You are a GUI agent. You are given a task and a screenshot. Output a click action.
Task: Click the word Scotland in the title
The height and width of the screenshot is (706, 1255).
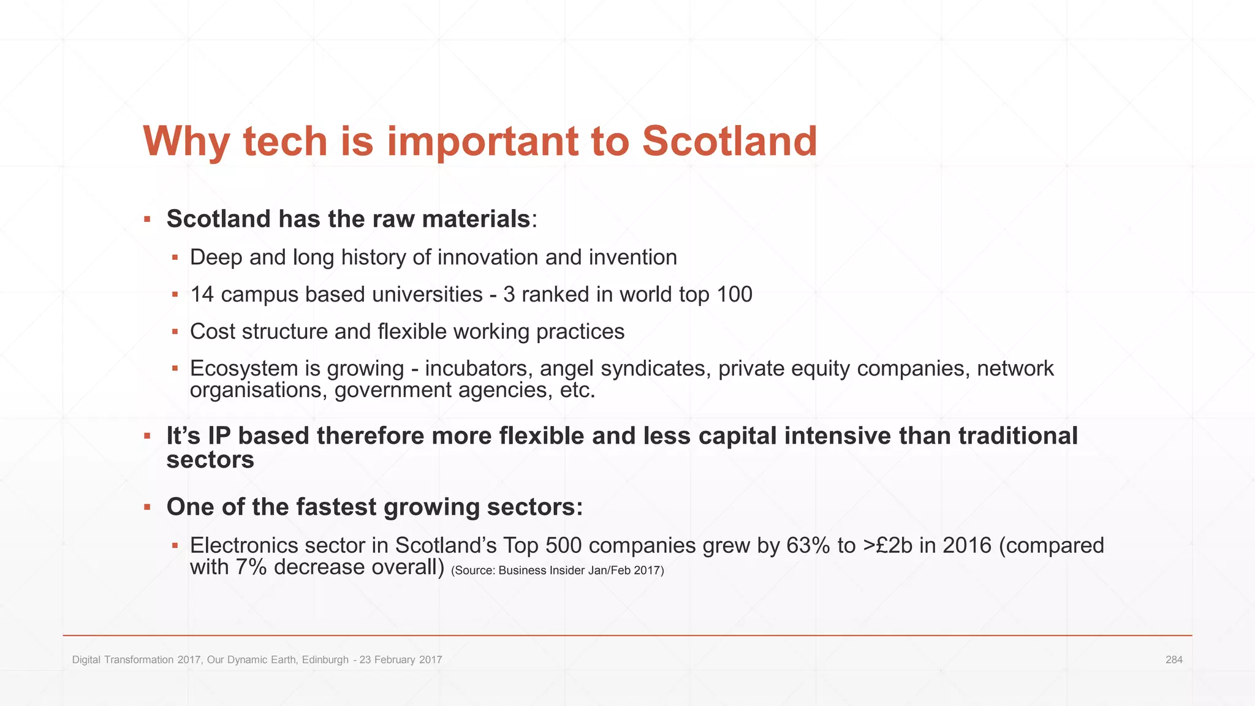(729, 142)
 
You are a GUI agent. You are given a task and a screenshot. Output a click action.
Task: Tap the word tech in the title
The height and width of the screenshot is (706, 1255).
(286, 142)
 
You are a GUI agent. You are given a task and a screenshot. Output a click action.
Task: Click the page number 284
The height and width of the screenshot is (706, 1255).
(1173, 660)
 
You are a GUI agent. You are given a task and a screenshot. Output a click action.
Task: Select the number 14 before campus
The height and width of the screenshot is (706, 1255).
(202, 295)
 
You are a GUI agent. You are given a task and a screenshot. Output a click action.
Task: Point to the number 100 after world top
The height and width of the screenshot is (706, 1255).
(734, 295)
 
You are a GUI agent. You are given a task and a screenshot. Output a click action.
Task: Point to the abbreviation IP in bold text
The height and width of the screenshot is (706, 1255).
(219, 436)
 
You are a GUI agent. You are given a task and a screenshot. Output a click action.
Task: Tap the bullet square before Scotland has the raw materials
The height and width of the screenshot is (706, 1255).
(147, 219)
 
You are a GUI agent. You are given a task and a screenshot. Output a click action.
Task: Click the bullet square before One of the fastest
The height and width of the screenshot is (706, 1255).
(147, 507)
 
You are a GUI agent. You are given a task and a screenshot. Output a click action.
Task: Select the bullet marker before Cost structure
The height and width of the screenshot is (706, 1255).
(175, 332)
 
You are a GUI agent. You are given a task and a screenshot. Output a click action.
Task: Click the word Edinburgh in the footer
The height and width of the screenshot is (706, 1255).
(325, 660)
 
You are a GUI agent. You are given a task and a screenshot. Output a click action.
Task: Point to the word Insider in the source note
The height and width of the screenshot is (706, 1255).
(558, 571)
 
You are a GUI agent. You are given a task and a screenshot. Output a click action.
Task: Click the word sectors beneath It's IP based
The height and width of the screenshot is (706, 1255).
(210, 460)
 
